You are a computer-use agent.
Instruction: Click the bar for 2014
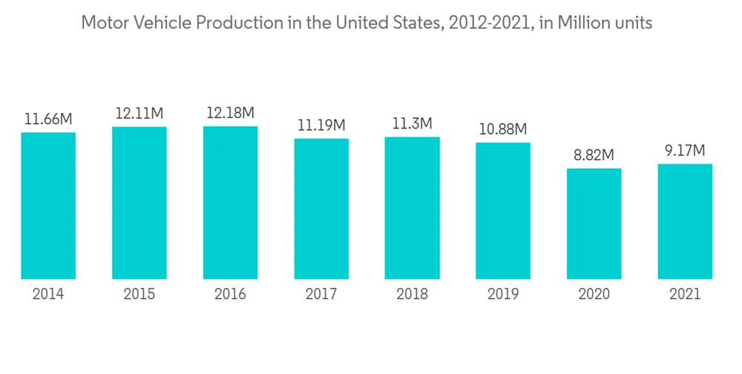pos(48,206)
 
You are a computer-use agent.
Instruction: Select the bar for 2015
pos(139,203)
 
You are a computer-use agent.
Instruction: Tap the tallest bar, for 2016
pos(230,203)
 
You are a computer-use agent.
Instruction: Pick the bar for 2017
pos(321,209)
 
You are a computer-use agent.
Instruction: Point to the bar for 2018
pos(412,208)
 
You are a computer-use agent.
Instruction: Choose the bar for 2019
pos(503,211)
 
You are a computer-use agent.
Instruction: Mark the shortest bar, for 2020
pos(594,223)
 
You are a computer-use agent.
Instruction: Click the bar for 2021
pos(685,221)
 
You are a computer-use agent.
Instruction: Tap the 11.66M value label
pos(48,119)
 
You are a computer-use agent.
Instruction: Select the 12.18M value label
pos(230,113)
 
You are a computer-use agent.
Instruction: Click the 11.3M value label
pos(412,123)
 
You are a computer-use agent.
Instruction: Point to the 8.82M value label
pos(594,155)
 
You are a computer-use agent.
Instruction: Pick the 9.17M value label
pos(685,151)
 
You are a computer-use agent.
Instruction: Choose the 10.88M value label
pos(503,129)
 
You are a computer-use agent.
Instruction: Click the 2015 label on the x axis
pos(139,295)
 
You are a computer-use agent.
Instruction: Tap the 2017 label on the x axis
pos(321,295)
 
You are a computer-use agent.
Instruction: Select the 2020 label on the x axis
pos(594,295)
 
